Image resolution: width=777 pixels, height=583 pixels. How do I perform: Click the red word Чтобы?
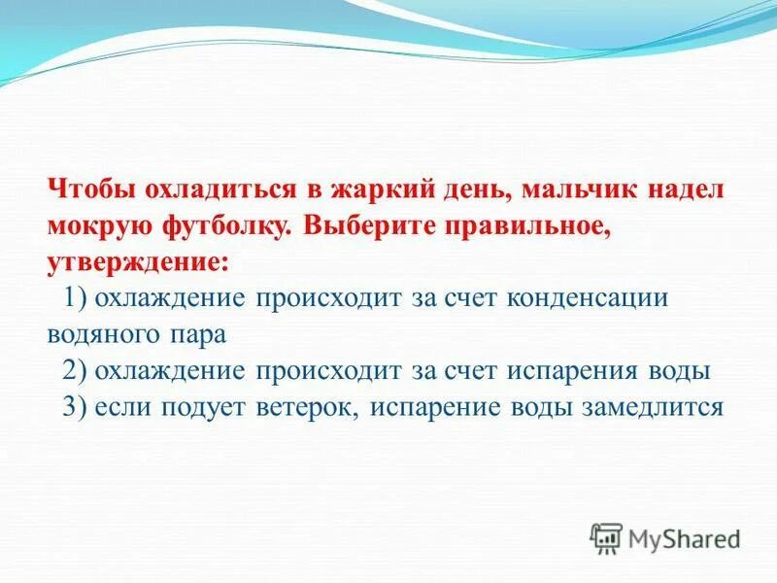[x=85, y=189]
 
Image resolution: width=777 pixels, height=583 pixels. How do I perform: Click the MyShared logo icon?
[x=605, y=536]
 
